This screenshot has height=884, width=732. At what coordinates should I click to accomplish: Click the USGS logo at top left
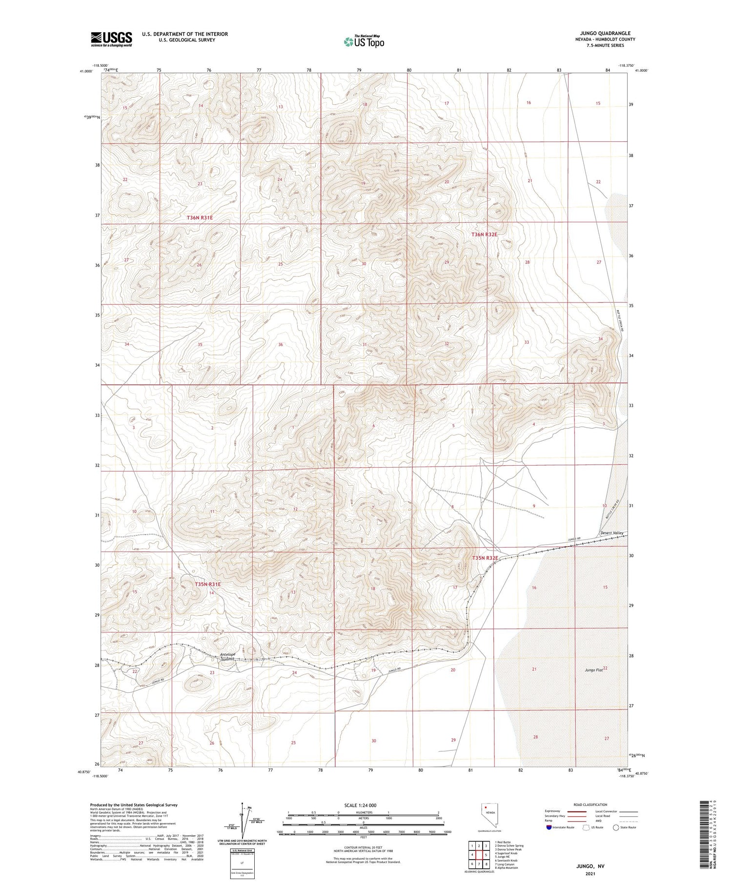click(111, 39)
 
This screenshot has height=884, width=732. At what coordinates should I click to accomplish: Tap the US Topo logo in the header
click(364, 42)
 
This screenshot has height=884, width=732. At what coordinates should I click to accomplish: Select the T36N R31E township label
click(200, 217)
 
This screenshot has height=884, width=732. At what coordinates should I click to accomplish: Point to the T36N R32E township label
click(484, 235)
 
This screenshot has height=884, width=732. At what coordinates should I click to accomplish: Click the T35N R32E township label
click(485, 558)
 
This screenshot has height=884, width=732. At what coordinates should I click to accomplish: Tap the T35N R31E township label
click(208, 584)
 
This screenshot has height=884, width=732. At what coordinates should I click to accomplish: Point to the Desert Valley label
click(612, 533)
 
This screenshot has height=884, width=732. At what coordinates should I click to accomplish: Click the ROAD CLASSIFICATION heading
click(590, 805)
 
